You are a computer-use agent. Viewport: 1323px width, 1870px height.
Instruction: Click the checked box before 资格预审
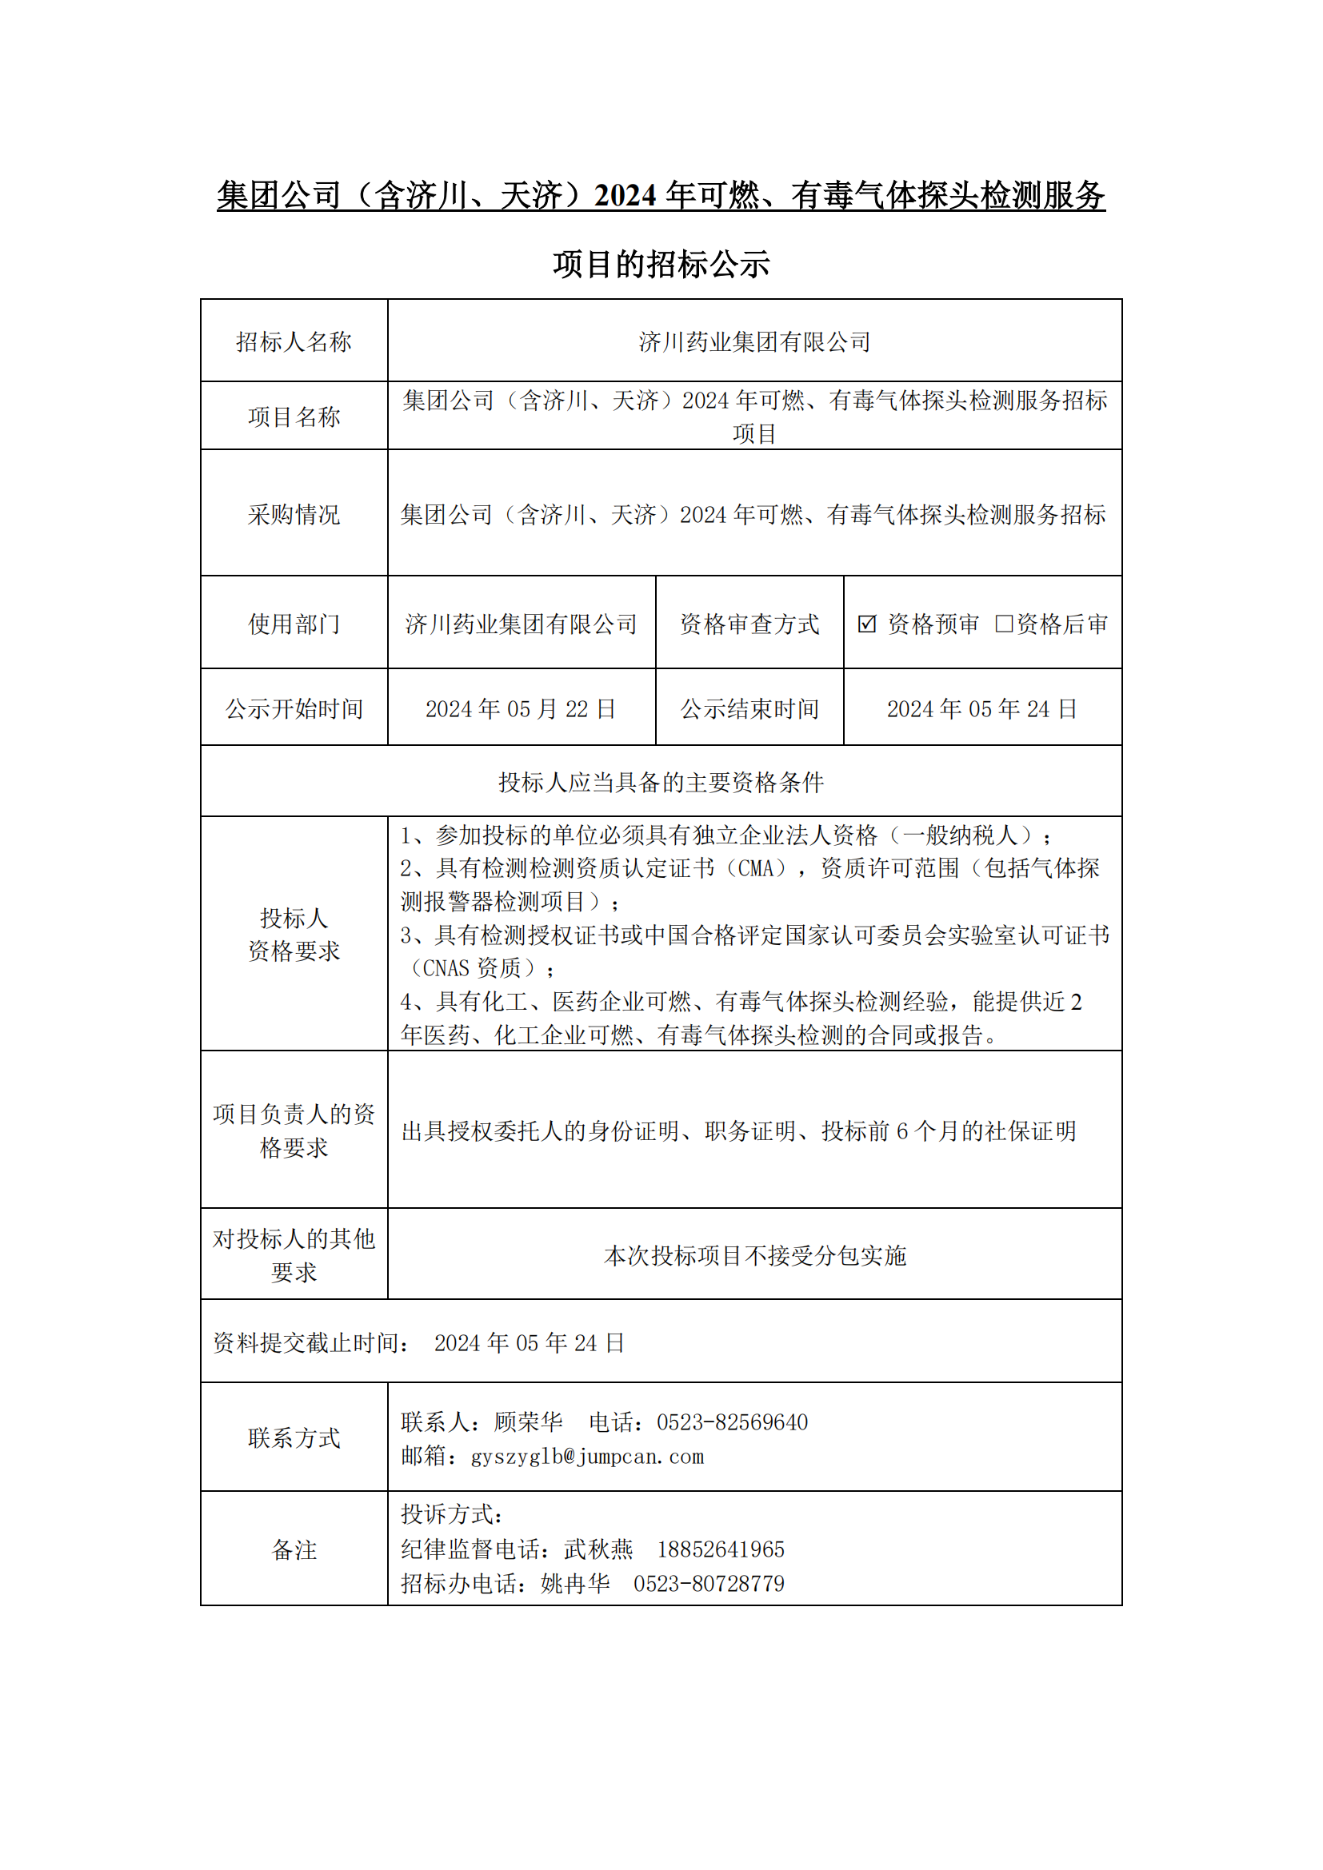[867, 624]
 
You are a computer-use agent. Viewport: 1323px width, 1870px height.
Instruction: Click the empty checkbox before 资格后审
[1004, 623]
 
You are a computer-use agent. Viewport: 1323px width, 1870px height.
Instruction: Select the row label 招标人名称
[294, 341]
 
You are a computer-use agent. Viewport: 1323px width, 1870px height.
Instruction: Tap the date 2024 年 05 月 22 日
[521, 708]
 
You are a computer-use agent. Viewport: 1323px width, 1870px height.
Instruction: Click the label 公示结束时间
[749, 708]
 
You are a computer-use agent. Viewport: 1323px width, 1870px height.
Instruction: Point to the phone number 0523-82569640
[732, 1423]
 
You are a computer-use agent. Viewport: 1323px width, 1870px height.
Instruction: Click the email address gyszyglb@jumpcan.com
[587, 1456]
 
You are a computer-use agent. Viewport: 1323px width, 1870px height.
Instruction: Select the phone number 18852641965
[720, 1549]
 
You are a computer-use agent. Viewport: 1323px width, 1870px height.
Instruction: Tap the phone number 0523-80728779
[709, 1583]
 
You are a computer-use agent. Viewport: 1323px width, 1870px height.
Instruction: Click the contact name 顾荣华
[528, 1423]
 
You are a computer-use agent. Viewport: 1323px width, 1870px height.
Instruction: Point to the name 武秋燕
[598, 1549]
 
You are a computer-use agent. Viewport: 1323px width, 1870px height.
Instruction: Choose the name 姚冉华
[575, 1583]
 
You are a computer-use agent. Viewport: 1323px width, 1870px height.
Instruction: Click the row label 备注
[294, 1549]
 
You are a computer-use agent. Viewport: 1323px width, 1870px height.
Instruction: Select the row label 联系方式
[294, 1438]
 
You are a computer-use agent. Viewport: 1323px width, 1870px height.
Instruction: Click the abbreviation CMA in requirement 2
[755, 868]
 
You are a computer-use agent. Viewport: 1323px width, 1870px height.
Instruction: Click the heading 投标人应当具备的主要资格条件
[661, 783]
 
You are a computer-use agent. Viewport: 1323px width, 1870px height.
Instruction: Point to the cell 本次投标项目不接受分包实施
[754, 1256]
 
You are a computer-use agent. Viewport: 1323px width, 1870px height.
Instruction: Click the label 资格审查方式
[749, 624]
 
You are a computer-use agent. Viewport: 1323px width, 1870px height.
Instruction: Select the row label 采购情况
[294, 515]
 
